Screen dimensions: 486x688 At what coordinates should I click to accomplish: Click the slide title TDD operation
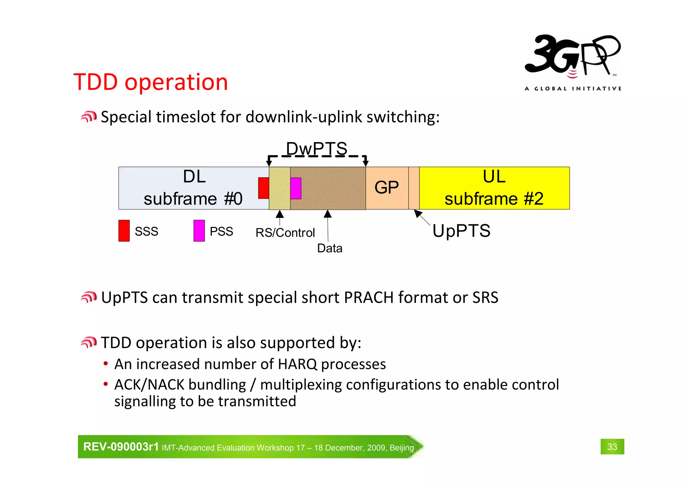150,82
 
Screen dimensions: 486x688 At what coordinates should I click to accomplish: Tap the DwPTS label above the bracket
316,148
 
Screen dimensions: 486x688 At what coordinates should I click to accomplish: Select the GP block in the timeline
387,187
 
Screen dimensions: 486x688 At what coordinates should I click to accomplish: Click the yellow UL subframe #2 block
494,188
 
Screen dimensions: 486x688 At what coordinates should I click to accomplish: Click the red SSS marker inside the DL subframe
263,188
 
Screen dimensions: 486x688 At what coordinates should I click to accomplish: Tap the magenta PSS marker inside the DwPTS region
296,188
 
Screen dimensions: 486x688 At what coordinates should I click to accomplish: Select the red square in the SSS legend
124,230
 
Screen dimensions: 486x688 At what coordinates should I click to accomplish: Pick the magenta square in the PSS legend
199,230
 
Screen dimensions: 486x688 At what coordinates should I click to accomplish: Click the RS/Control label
285,232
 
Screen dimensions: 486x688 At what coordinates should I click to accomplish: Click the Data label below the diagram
330,248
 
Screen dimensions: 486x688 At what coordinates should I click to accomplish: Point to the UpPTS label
461,231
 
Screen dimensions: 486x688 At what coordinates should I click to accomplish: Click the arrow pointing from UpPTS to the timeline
422,218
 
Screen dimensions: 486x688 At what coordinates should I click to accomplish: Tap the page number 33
612,447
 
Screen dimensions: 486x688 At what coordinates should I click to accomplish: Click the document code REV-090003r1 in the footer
121,447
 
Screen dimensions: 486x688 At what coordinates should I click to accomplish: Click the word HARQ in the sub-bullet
298,364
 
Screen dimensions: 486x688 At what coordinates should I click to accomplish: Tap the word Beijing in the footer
401,448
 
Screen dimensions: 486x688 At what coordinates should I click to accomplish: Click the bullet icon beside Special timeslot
89,117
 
